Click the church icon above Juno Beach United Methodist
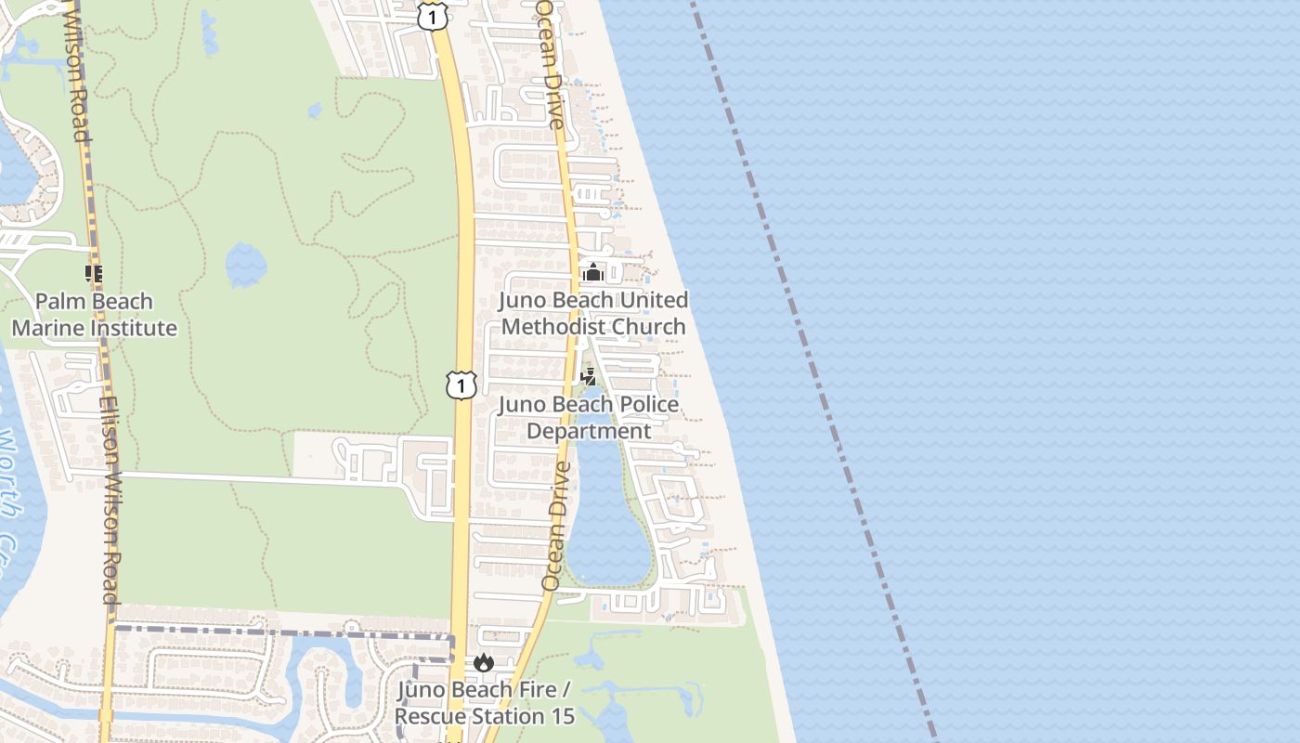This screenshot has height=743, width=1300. [592, 273]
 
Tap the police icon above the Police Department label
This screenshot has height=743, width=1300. [588, 377]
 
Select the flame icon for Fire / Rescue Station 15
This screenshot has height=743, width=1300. [483, 663]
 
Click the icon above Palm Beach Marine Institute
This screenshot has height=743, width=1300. [93, 274]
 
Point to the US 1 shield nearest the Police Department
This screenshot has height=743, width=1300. [461, 385]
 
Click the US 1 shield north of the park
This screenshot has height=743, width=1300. [432, 16]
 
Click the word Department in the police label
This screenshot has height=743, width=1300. [590, 432]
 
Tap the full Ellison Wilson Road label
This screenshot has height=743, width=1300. [111, 502]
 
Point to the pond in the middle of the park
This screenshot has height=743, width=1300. [246, 264]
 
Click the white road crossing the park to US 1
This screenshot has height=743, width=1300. [232, 478]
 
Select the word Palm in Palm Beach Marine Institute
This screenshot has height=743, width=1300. [56, 302]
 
